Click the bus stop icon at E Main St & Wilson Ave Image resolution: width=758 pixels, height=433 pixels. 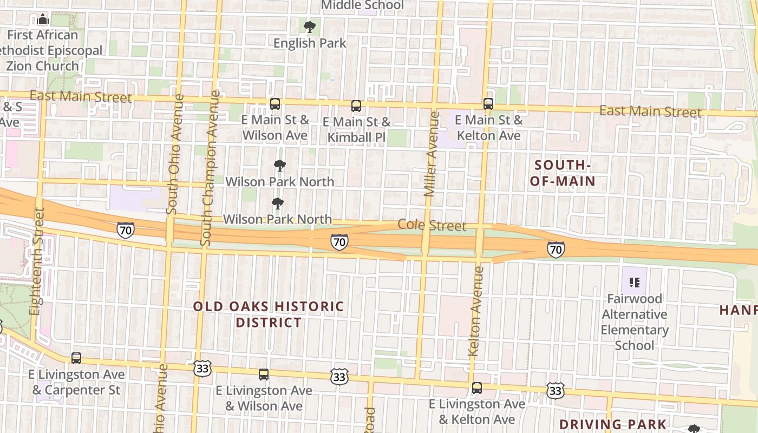275,103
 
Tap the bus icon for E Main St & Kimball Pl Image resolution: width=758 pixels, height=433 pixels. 356,106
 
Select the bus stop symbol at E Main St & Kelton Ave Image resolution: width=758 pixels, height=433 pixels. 488,104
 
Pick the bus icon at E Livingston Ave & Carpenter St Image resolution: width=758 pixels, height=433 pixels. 76,358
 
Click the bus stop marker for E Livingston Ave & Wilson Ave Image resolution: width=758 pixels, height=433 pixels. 263,374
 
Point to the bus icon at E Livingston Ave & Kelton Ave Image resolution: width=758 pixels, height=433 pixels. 476,388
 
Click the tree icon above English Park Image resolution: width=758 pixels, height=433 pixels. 310,27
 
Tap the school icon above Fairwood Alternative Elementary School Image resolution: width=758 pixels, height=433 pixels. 635,282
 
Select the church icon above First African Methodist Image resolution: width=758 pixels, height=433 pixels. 43,20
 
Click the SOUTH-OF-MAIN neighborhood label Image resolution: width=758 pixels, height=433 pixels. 562,173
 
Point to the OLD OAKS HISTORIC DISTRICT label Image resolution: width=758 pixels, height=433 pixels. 269,314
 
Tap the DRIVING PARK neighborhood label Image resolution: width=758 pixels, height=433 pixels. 613,424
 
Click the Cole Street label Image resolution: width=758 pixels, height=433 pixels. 432,225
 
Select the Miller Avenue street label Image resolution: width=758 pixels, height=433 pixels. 431,154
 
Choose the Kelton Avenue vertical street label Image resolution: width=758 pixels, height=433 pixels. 475,311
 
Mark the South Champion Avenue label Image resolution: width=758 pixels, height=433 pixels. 210,168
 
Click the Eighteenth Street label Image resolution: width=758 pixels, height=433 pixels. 37,261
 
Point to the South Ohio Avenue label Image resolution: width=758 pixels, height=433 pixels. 175,154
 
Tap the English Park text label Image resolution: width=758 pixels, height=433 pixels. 310,43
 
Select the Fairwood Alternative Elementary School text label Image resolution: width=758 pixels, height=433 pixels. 635,322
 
